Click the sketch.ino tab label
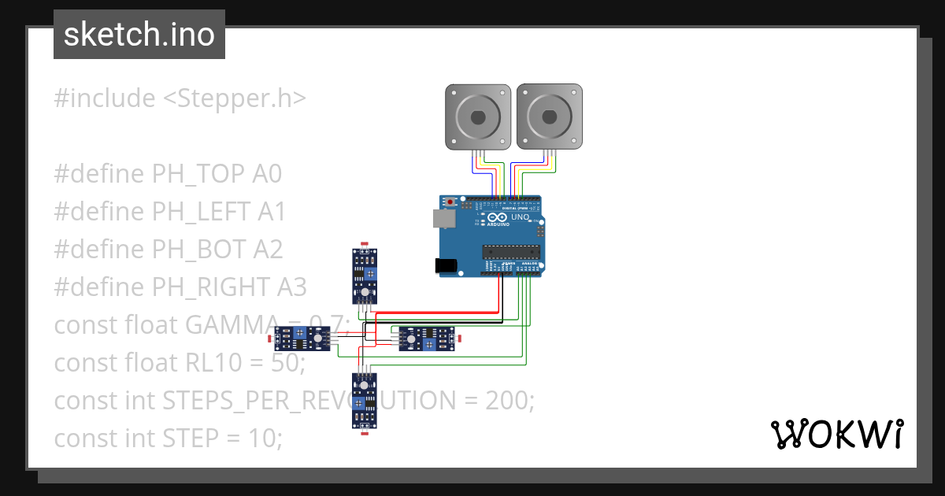(x=139, y=35)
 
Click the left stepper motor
(x=478, y=117)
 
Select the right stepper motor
(x=549, y=117)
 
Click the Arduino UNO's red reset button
(x=450, y=202)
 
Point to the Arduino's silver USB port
(x=443, y=219)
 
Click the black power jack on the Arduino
(x=446, y=266)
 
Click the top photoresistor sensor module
(x=364, y=276)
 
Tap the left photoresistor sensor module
(x=302, y=339)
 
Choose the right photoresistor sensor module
(x=425, y=339)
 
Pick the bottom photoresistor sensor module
(x=364, y=400)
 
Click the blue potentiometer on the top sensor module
(x=369, y=272)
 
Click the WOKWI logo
(x=836, y=434)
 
